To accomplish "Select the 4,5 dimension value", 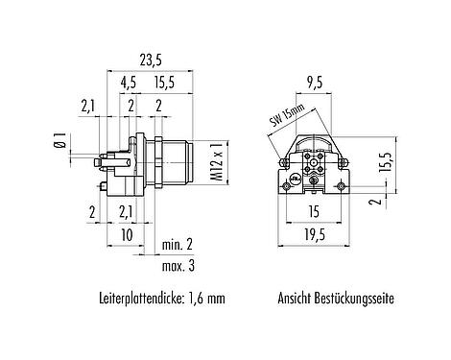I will click(128, 84).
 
